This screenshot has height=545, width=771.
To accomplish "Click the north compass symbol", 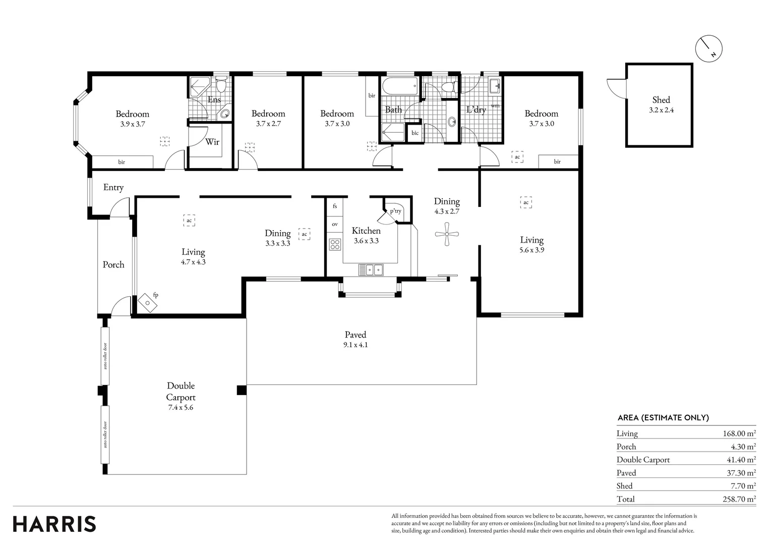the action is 708,48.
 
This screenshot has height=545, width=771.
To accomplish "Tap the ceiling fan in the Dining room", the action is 447,234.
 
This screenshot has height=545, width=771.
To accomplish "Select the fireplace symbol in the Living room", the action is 147,303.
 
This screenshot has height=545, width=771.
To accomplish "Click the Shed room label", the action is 661,100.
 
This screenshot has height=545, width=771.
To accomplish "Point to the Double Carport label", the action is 181,392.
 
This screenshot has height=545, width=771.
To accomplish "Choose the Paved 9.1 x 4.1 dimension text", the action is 355,345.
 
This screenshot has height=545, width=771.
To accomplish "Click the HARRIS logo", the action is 54,524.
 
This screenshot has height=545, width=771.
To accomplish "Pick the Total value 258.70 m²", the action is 739,499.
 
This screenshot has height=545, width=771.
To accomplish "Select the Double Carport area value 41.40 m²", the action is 740,460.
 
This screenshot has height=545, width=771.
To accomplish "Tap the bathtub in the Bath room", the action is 399,86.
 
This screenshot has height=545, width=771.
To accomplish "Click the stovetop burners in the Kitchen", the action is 335,245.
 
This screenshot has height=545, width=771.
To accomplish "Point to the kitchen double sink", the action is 371,270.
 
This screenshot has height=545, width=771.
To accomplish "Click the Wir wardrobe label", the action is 212,142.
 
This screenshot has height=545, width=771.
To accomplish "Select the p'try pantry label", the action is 395,211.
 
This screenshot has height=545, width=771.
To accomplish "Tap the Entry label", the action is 113,187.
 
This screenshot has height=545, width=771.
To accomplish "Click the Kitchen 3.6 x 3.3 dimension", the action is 366,241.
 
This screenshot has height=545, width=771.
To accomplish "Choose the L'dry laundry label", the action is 476,110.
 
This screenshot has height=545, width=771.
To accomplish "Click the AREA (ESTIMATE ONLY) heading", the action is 663,417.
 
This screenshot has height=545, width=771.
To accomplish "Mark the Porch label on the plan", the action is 113,264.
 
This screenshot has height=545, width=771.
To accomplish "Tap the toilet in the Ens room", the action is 221,85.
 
